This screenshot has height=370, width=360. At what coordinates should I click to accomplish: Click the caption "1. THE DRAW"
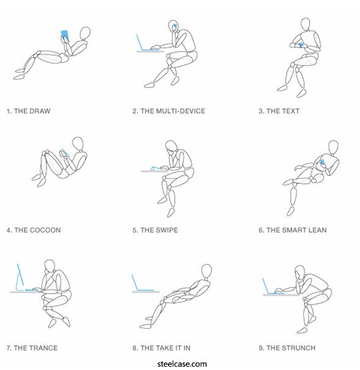[x=28, y=111]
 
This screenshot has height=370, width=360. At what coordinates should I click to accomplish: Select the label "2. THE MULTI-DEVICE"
[x=169, y=111]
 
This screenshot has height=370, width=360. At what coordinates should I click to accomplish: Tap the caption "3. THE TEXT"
[x=279, y=111]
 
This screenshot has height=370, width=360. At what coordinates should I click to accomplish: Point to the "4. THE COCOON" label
[x=33, y=230]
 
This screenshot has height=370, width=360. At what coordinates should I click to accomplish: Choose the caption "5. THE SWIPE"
[x=155, y=230]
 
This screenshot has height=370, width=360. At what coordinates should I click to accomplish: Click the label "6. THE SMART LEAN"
[x=293, y=230]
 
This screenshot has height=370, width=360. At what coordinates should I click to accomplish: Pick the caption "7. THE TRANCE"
[x=32, y=348]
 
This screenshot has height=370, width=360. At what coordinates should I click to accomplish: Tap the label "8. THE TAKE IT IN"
[x=161, y=348]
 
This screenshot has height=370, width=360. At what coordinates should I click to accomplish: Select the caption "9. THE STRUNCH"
[x=287, y=348]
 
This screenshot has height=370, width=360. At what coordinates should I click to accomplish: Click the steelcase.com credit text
[x=182, y=364]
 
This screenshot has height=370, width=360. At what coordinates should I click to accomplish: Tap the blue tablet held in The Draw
[x=65, y=35]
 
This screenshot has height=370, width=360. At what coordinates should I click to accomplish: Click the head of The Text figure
[x=305, y=24]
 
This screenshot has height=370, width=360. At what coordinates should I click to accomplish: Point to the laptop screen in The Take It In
[x=135, y=283]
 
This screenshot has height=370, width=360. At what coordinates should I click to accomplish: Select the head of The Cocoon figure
[x=77, y=144]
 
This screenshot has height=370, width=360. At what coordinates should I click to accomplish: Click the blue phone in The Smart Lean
[x=322, y=162]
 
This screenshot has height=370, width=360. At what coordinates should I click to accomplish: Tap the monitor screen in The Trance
[x=20, y=275]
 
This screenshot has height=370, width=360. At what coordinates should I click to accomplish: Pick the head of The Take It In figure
[x=207, y=271]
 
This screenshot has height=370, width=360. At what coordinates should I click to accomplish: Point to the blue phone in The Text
[x=300, y=45]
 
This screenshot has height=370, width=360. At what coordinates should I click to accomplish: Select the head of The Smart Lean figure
[x=333, y=147]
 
